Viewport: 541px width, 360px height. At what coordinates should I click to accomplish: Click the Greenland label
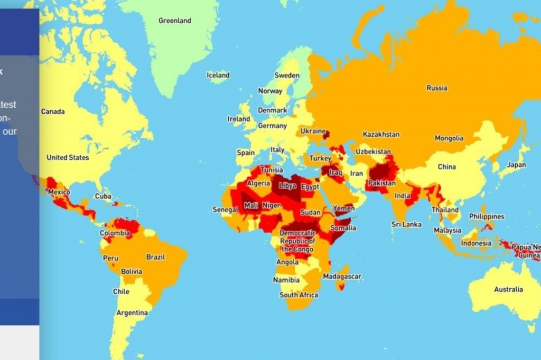175,21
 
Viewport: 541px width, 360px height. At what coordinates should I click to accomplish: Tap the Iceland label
218,75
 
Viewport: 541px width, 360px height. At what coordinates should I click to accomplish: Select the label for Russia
437,88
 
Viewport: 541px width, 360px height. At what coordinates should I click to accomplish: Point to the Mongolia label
449,138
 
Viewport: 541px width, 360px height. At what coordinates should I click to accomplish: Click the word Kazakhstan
381,135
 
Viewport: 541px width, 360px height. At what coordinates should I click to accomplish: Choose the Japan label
516,165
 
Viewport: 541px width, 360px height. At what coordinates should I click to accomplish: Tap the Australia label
509,289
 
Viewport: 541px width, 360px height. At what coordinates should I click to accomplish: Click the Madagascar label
342,277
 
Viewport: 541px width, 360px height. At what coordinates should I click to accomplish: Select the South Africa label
299,295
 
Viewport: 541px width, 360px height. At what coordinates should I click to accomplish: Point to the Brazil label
155,257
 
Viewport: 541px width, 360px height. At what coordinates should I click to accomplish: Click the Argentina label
132,313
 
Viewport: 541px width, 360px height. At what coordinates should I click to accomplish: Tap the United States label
68,157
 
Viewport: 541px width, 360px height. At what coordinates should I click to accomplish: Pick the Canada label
53,112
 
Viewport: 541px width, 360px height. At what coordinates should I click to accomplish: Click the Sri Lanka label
406,224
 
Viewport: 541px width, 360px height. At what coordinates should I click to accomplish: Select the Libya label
287,186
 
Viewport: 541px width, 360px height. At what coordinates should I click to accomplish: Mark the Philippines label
486,216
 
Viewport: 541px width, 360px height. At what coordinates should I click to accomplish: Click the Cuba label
103,196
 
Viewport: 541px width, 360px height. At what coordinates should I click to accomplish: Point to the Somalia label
343,228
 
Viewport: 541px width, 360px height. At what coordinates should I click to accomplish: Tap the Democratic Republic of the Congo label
297,241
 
